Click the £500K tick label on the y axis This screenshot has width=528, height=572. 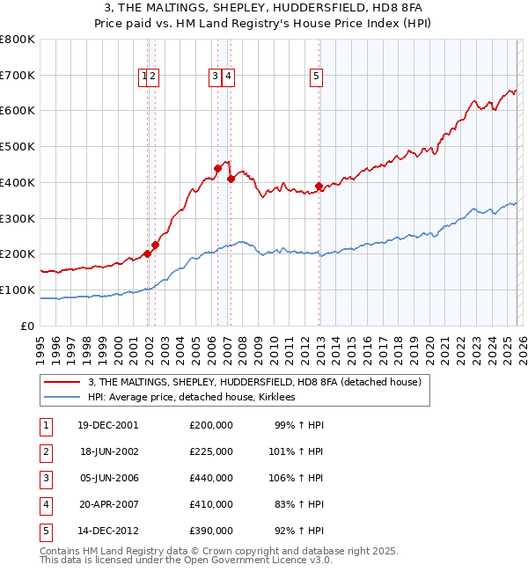[18, 146]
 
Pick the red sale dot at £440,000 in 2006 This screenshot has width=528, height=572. [217, 167]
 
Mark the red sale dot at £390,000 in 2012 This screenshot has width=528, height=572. [319, 186]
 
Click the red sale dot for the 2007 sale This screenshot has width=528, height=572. [231, 179]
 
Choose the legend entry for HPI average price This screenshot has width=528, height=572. [191, 397]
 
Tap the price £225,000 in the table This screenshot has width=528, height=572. [211, 451]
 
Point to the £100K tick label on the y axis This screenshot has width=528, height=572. [18, 290]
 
